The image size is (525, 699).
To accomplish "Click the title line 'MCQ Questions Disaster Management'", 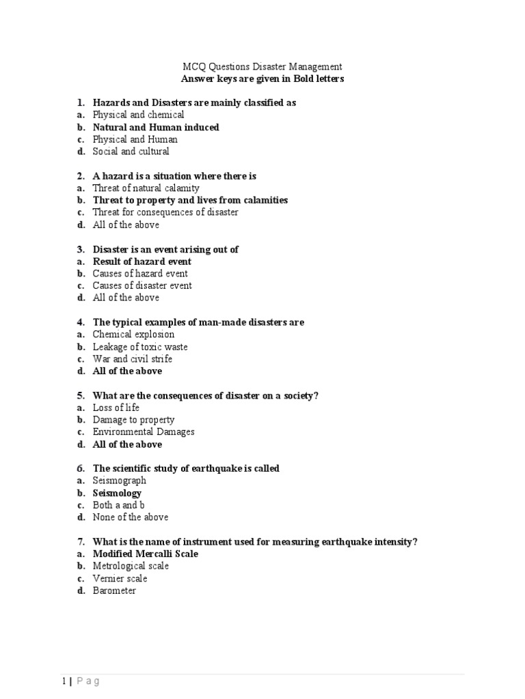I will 262,67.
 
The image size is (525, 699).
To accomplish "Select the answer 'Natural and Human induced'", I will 156,127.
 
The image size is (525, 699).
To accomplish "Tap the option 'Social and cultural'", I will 131,152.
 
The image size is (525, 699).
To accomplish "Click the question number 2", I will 80,176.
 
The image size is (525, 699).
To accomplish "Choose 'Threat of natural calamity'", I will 146,188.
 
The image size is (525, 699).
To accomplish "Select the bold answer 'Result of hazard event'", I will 142,261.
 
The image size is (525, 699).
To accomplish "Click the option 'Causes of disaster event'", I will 142,285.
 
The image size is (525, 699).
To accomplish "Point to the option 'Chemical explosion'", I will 133,334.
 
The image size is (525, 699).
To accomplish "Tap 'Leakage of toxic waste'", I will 139,347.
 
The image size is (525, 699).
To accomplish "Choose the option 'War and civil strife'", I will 132,359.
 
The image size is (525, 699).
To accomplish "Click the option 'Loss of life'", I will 116,408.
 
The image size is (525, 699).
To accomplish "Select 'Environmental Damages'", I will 144,432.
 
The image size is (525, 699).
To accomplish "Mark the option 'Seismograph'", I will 119,481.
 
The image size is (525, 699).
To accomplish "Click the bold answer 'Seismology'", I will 117,493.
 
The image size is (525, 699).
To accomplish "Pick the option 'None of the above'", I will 130,517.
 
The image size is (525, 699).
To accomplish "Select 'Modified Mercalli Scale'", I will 145,554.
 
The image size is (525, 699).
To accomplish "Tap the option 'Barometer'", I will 114,590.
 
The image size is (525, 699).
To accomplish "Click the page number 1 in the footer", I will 64,661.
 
